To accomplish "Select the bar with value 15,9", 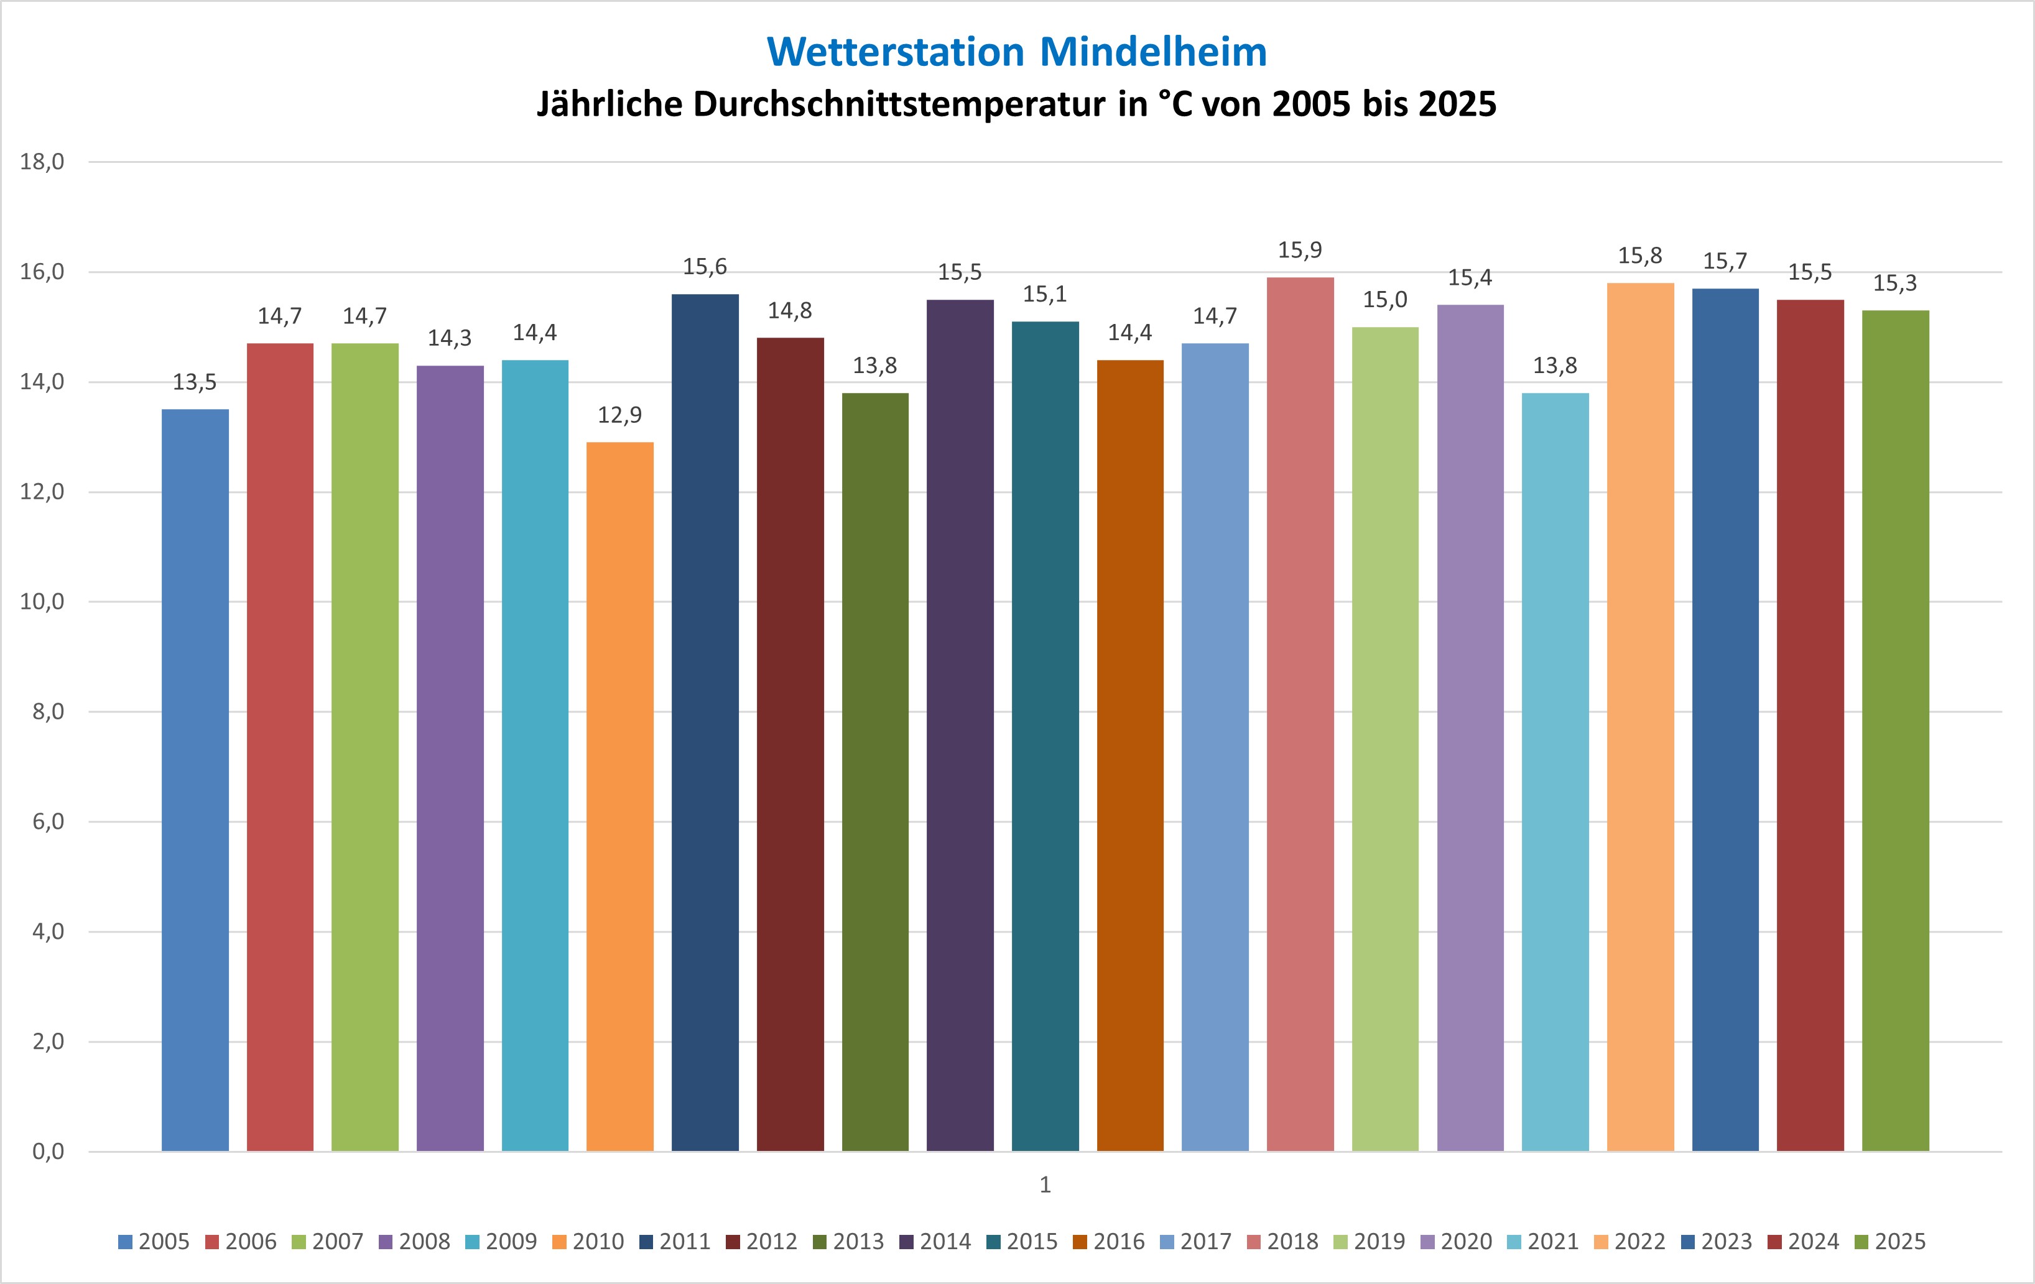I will [x=1300, y=714].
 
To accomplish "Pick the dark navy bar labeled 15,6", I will [x=705, y=723].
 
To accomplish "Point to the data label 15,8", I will [x=1639, y=255].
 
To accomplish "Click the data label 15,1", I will [x=1044, y=294].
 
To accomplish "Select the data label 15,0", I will [x=1385, y=299].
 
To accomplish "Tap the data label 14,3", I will [x=450, y=338].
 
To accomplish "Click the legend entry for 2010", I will [x=588, y=1241].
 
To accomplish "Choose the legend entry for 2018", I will [x=1283, y=1241].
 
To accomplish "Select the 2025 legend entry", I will [x=1891, y=1241].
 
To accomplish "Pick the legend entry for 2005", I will [x=155, y=1241].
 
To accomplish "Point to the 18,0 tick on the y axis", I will [x=42, y=161].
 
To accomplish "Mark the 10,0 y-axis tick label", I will [x=42, y=601].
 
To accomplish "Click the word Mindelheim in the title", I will [x=1152, y=52].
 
